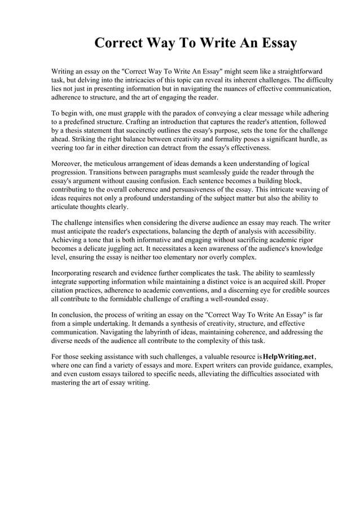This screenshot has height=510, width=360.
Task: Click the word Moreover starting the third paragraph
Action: [67, 164]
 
